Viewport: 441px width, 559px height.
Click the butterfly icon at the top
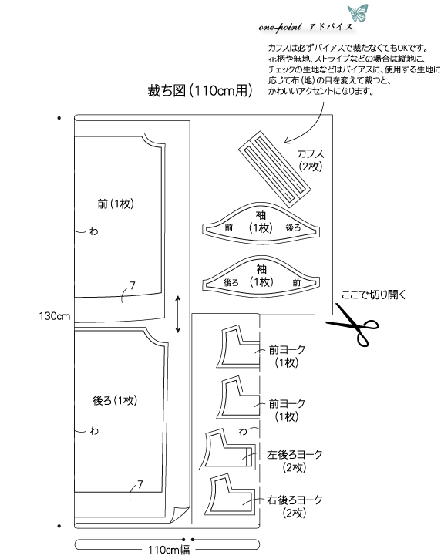[x=358, y=12]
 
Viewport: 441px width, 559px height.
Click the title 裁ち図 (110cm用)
[x=200, y=90]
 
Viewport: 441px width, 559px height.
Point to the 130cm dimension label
[x=54, y=316]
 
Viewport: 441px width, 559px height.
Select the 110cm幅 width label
[x=169, y=550]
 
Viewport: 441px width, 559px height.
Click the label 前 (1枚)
[x=116, y=204]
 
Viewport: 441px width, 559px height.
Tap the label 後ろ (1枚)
[x=115, y=400]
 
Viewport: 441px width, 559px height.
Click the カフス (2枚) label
[x=311, y=160]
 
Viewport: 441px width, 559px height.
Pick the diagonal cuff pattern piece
[x=274, y=169]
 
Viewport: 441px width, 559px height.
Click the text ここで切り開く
[x=373, y=295]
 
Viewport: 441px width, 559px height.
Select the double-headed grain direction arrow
[x=178, y=314]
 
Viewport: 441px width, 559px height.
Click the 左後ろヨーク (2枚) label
[x=295, y=460]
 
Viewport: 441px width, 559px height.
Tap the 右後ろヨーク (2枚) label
[x=295, y=507]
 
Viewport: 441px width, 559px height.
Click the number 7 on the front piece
[x=133, y=285]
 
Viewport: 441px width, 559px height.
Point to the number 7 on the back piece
[x=140, y=484]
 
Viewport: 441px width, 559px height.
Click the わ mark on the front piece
[x=94, y=232]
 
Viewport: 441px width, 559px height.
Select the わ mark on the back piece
[x=94, y=431]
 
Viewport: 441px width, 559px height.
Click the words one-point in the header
[x=280, y=27]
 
